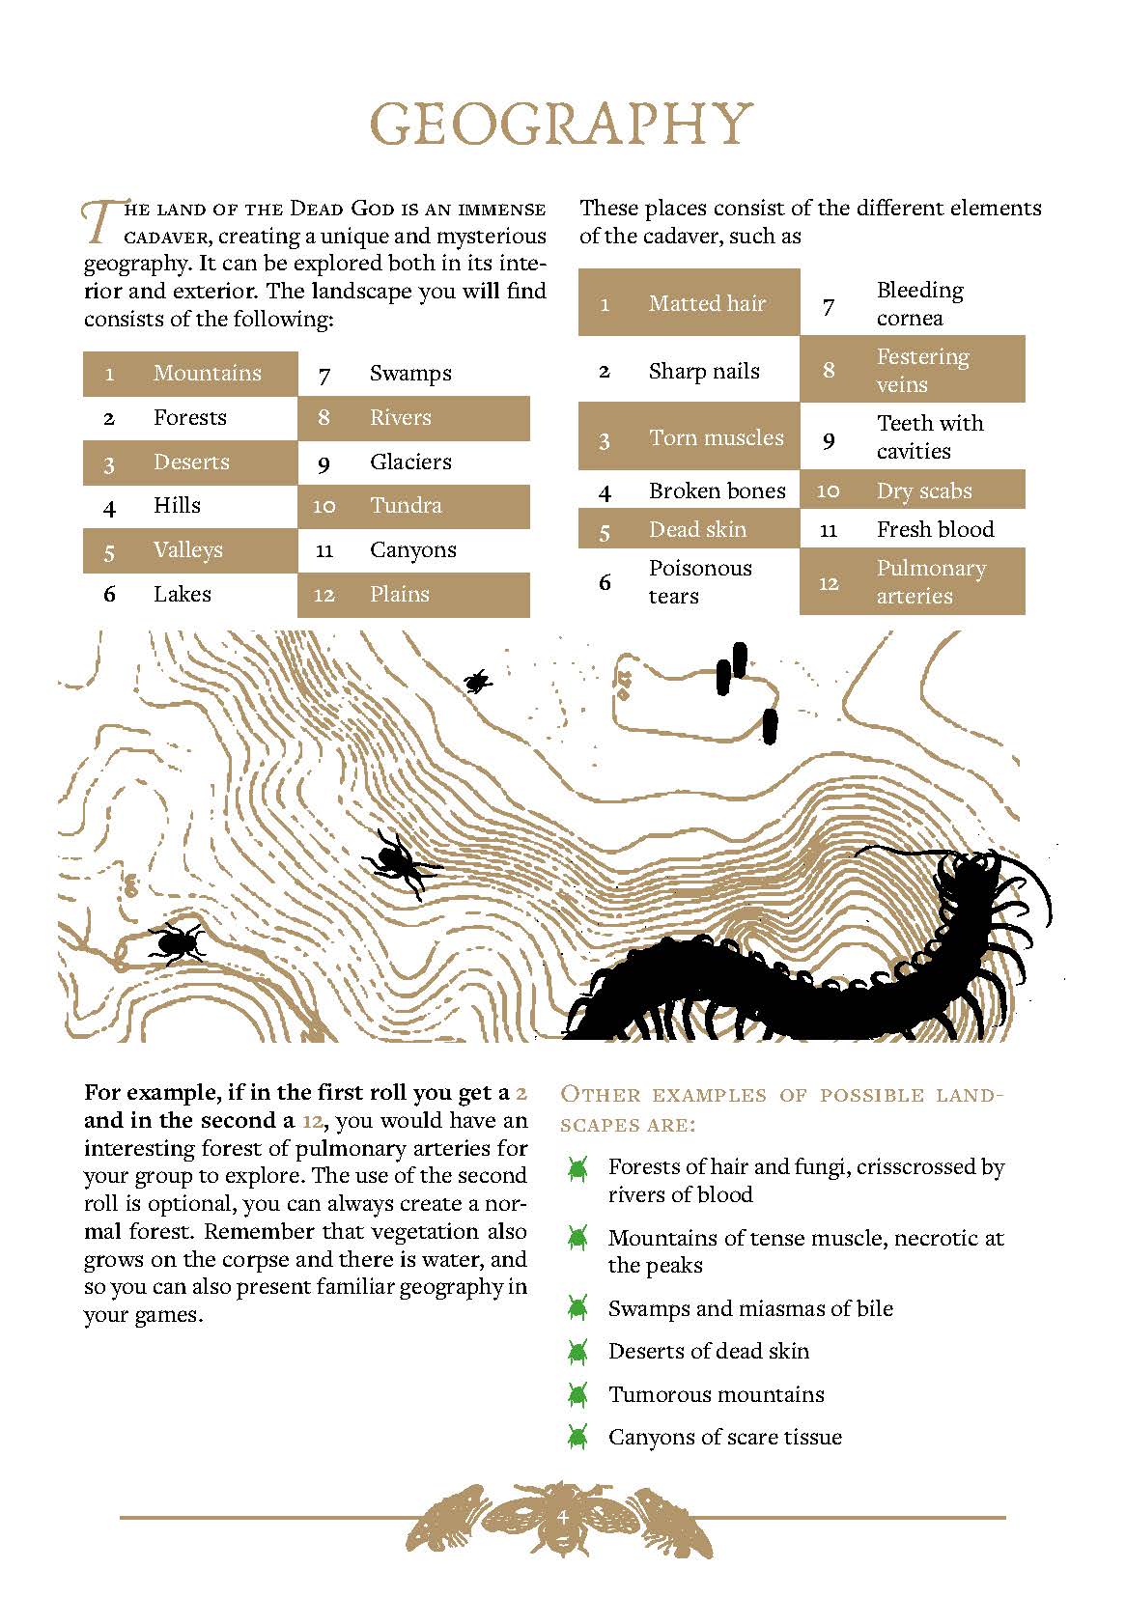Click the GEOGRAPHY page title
(562, 125)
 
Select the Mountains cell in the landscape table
(207, 374)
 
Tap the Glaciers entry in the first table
(410, 462)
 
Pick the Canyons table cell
(412, 550)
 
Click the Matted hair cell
(707, 304)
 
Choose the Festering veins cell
(921, 371)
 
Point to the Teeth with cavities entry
(929, 437)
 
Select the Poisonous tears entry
(699, 582)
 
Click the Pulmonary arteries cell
(930, 582)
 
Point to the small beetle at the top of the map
(475, 683)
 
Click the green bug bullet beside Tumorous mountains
(578, 1395)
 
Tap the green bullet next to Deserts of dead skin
(578, 1352)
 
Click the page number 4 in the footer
(562, 1517)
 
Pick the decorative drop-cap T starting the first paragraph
(100, 221)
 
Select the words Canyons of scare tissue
(724, 1438)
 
